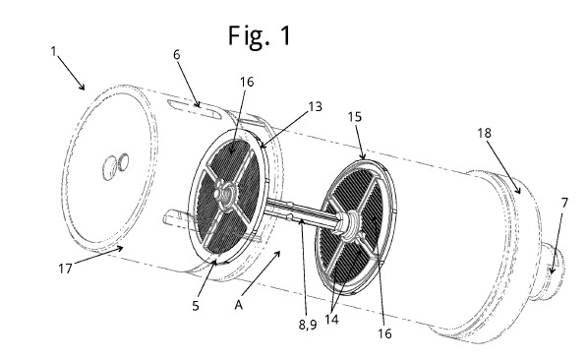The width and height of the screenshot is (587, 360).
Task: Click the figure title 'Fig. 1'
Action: (260, 36)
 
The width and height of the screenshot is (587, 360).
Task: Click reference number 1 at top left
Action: (54, 51)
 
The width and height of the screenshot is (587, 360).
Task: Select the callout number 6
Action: (177, 55)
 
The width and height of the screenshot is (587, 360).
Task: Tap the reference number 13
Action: (316, 107)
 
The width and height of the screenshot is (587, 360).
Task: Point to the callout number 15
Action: (355, 117)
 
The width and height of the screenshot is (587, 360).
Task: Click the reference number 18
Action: (484, 133)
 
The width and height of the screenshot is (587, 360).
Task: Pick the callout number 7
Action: (565, 203)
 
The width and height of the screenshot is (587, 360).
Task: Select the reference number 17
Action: (65, 269)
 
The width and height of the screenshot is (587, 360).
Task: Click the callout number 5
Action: (196, 306)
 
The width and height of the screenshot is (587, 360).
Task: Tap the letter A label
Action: (239, 305)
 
